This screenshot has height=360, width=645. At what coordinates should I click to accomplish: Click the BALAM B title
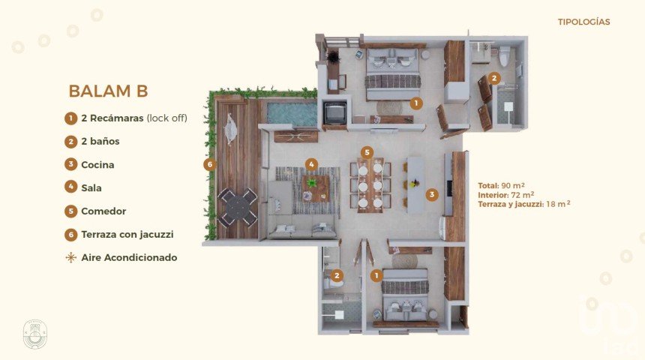coord(108,91)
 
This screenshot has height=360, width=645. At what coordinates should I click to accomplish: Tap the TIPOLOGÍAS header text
coord(583,22)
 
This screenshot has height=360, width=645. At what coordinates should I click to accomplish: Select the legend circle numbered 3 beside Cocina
coord(70,164)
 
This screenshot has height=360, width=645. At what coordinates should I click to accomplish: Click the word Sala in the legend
coord(91,188)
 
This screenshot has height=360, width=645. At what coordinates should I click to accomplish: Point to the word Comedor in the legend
coord(103,211)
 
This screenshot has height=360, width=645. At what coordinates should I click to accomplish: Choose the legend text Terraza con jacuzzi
coord(127,235)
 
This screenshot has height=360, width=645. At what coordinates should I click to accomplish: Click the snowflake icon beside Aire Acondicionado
coord(70,257)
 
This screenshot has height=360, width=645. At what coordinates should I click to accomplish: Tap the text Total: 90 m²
coord(501,185)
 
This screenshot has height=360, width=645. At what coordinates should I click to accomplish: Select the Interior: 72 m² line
coord(506,194)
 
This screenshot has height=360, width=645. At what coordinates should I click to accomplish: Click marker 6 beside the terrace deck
coord(210,164)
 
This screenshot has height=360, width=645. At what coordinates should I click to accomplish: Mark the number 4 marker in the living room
coord(311,164)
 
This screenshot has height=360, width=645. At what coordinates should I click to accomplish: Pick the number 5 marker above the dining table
coord(367,153)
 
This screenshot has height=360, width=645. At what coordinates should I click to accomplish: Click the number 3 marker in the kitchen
coord(432,194)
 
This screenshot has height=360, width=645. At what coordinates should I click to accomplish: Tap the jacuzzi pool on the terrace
coord(292,113)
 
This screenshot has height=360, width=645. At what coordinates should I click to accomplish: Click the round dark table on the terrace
coord(238,207)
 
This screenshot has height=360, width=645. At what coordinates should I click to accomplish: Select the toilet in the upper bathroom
coord(504,57)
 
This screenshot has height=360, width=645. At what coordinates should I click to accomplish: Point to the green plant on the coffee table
coord(312,182)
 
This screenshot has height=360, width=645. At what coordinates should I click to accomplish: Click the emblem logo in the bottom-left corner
coord(35,334)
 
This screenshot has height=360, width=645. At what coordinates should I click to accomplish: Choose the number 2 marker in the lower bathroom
coord(337,275)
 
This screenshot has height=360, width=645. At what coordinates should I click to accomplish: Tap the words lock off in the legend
coord(167,118)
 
